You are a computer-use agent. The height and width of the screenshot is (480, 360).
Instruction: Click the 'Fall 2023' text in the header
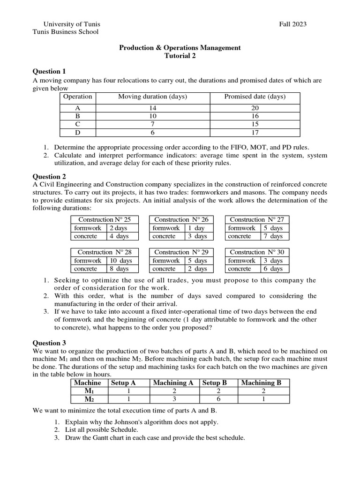pyautogui.click(x=292, y=24)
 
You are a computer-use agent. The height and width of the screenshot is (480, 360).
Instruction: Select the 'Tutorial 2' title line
pyautogui.click(x=180, y=55)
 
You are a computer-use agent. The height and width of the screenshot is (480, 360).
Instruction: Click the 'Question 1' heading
pyautogui.click(x=49, y=71)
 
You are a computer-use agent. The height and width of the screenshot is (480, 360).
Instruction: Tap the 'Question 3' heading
pyautogui.click(x=49, y=343)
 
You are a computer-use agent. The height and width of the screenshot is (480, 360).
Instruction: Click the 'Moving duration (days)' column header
pyautogui.click(x=152, y=97)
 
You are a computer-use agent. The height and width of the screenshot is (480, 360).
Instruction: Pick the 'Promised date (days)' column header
pyautogui.click(x=255, y=97)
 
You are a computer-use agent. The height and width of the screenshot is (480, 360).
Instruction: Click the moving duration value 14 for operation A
pyautogui.click(x=152, y=107)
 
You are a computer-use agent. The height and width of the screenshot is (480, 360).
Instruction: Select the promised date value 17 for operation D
pyautogui.click(x=255, y=133)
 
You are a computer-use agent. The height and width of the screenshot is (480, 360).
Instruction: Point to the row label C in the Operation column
pyautogui.click(x=78, y=124)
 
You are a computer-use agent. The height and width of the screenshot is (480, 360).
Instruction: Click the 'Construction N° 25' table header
pyautogui.click(x=105, y=219)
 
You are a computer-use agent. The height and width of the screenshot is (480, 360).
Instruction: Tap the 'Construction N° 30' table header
pyautogui.click(x=257, y=252)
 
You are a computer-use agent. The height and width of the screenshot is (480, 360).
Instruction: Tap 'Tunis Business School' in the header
pyautogui.click(x=65, y=32)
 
